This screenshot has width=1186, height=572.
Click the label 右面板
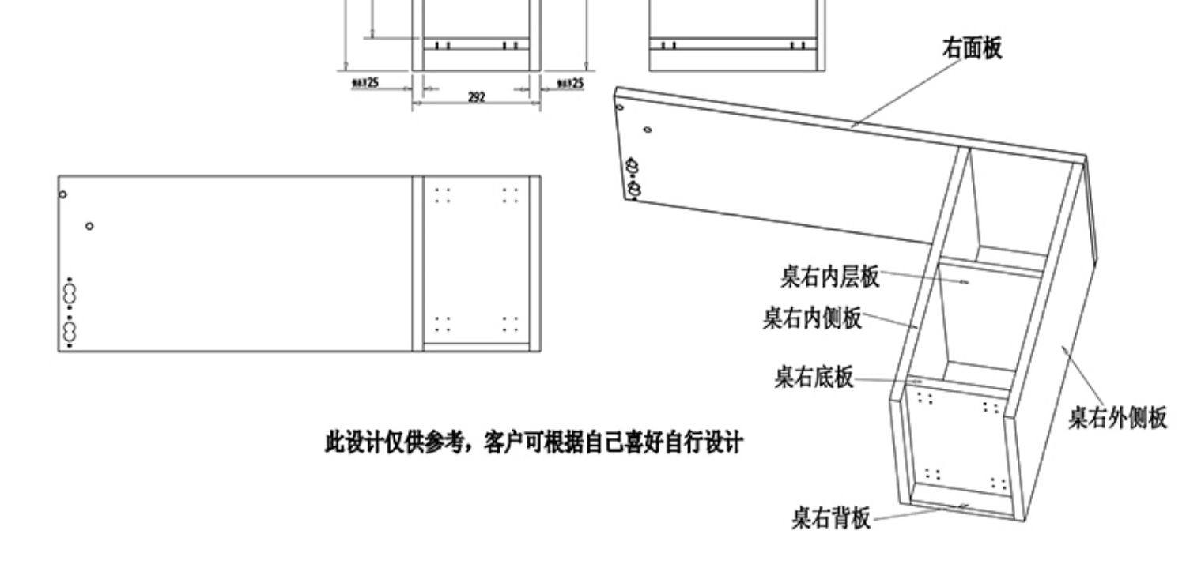coord(972,49)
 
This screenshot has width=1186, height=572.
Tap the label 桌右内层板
coord(829,277)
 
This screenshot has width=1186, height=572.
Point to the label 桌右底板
coord(814,377)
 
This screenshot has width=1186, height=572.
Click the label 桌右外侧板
coord(1117,417)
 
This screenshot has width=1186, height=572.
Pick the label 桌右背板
coord(830,518)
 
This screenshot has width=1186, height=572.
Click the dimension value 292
coord(476,97)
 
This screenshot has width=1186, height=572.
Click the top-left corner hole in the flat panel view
coord(63,194)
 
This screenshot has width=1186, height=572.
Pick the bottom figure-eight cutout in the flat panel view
coord(70,329)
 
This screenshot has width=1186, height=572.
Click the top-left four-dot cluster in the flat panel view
coord(443,194)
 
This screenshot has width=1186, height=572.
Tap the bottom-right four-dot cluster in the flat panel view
coord(511,323)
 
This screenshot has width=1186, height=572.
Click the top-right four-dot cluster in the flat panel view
coord(511,194)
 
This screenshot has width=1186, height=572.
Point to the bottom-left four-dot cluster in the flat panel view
coord(443,323)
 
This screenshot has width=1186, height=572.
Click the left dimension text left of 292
coord(365,83)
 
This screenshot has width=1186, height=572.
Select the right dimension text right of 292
coord(570,83)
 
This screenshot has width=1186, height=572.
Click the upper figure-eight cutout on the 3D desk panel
coord(632,167)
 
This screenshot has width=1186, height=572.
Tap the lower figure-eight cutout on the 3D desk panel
coord(634,189)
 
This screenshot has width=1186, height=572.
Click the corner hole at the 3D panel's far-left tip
coord(619,107)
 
